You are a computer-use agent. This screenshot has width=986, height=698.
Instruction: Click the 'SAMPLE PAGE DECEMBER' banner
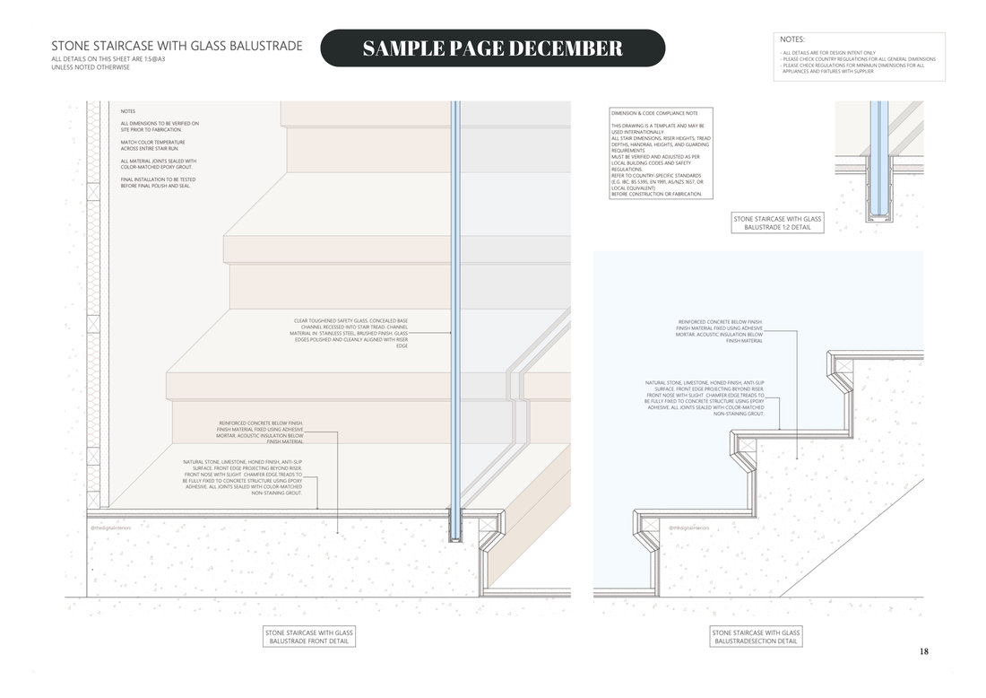coord(492,48)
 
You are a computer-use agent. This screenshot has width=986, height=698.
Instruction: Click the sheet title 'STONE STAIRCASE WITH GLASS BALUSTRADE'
coord(177,46)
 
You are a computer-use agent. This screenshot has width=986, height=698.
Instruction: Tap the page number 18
coord(923,651)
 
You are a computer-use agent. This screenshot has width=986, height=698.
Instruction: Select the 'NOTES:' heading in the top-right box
coord(792,39)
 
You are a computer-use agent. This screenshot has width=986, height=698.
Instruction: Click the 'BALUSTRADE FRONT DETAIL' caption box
coord(309,636)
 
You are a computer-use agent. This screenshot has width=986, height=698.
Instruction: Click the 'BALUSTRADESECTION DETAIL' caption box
coord(755,636)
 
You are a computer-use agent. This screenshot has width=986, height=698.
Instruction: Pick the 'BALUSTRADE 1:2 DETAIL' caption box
coord(777,222)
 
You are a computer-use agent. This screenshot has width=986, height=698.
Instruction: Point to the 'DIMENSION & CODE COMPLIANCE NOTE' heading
coord(654,114)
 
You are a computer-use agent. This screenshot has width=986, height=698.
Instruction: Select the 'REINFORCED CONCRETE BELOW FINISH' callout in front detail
coord(261,432)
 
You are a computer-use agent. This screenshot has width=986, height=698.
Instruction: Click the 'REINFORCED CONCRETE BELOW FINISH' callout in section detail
coord(720,331)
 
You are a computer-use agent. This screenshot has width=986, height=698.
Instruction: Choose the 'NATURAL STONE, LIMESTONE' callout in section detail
coord(705,398)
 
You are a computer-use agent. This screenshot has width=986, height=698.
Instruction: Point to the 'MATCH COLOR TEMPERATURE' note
coord(153,144)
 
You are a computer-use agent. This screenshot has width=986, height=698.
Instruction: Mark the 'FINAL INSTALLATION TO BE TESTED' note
coord(158,182)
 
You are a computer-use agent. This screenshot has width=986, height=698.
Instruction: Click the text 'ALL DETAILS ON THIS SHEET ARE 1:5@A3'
coord(108,59)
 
